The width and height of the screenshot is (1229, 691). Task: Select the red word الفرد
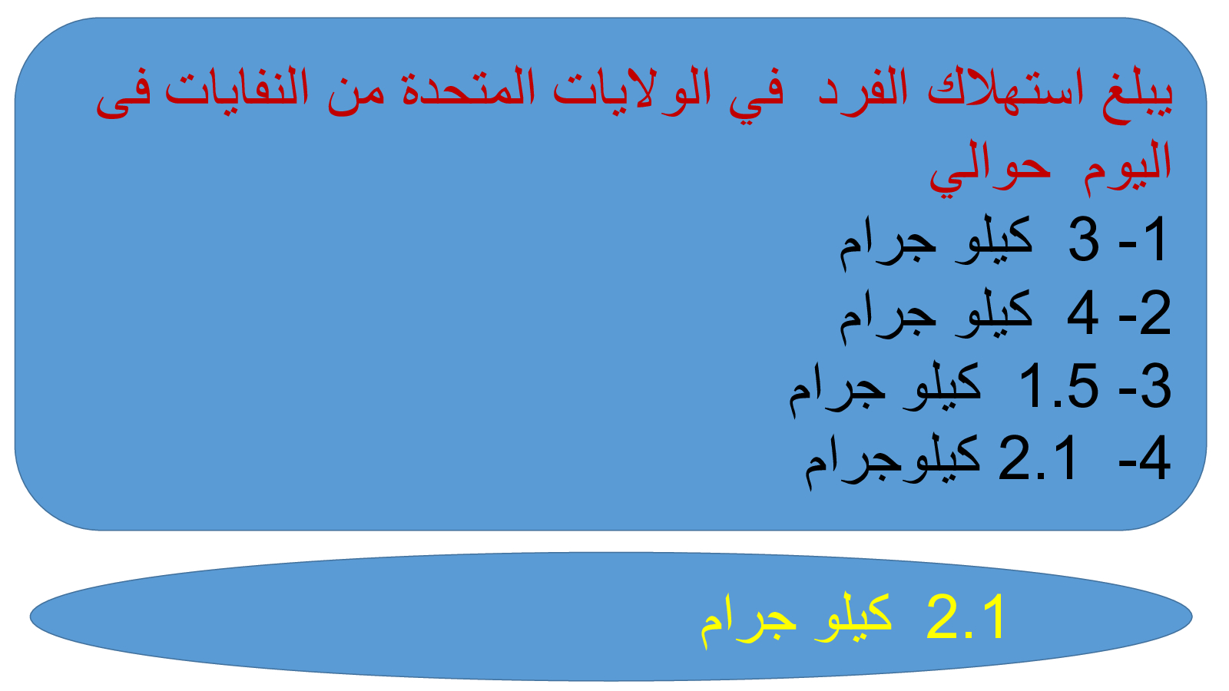[x=863, y=91]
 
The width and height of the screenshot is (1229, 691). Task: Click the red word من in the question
[x=356, y=95]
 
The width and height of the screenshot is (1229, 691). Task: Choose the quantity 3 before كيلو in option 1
[x=1084, y=240]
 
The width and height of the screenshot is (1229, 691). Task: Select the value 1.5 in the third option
[x=1059, y=386]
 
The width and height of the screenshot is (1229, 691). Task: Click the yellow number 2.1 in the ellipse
[x=965, y=617]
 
